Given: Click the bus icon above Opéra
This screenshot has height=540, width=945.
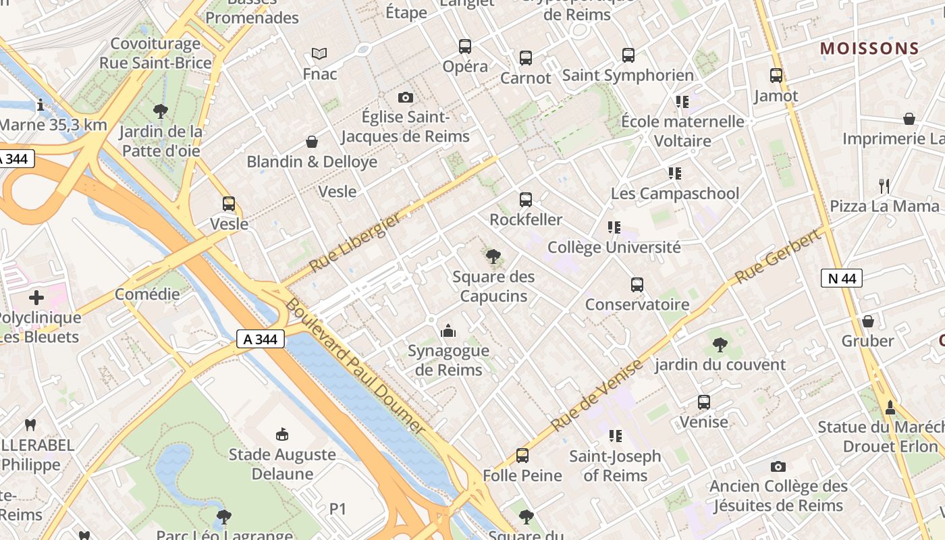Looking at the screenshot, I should (465, 47).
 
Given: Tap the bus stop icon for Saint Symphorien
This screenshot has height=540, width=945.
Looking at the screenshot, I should (628, 55).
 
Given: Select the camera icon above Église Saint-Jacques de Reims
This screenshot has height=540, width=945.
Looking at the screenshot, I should (405, 98).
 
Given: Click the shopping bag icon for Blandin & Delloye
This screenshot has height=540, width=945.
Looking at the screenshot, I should (312, 142).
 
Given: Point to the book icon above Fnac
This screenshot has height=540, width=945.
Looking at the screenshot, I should (319, 53).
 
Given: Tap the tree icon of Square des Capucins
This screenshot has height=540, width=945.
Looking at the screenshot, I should (493, 256).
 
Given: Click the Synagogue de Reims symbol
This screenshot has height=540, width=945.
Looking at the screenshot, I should (448, 331).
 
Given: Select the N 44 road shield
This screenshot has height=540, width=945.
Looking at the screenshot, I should (842, 278).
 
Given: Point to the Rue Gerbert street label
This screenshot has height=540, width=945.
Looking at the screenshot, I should (780, 256).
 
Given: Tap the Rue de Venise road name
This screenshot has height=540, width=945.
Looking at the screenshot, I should (597, 396).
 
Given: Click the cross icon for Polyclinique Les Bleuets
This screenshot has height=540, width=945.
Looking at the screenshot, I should (36, 298).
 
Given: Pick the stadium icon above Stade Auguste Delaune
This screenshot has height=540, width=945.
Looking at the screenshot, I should (282, 434).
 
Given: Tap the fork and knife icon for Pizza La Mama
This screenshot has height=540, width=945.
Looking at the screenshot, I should (884, 186).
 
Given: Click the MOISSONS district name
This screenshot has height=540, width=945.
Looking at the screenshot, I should (869, 49).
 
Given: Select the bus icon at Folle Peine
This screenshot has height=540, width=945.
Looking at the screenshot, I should (522, 456).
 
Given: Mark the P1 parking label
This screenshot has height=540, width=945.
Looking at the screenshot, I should (337, 509).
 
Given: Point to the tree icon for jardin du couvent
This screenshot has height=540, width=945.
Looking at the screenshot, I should (720, 345).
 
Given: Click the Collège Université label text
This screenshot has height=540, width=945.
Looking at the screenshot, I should (614, 247).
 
